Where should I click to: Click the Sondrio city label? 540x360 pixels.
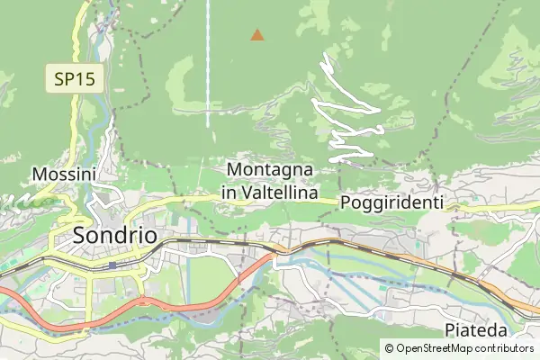coord(113,236)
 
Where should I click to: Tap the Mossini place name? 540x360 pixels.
coord(64,174)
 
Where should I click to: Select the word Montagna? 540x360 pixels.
coord(270,170)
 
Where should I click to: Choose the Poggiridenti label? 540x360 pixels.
coord(393,203)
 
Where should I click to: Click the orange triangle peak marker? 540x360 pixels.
coord(257,35)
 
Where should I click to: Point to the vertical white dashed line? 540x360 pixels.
coord(208,63)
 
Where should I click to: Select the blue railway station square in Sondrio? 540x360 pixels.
coord(112,265)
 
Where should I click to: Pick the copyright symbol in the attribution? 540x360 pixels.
coord(389,348)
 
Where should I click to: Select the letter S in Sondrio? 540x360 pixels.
coord(78,236)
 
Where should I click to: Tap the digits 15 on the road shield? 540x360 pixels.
coord(86,79)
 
